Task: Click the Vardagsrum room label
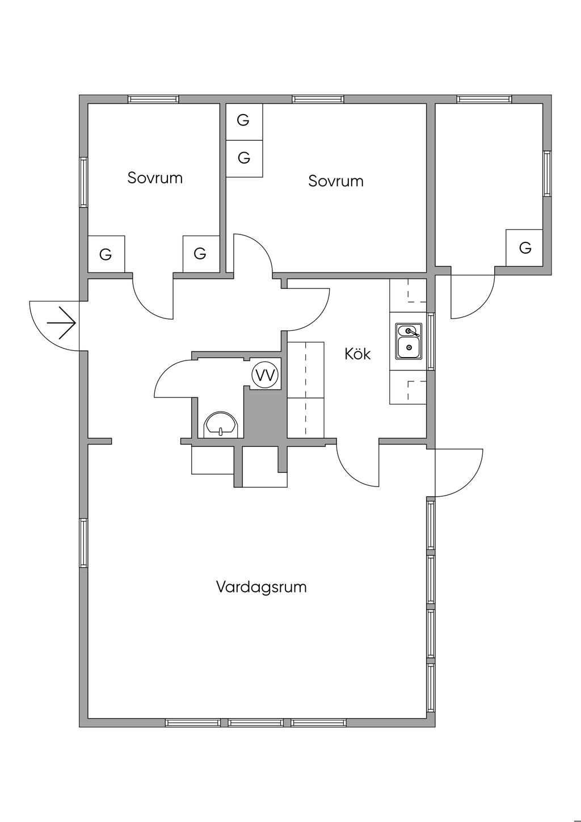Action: point(261,586)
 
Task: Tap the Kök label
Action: point(357,354)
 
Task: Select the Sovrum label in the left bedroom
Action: point(155,178)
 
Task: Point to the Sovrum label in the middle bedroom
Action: point(336,181)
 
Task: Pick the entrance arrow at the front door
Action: point(61,323)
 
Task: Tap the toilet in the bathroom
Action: point(221,425)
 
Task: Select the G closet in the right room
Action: point(525,248)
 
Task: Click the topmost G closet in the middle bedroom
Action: point(243,120)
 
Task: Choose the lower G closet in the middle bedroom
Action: point(244,158)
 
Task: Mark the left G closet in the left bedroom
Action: point(106,254)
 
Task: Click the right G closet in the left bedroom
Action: point(200,254)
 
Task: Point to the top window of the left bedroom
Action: point(153,99)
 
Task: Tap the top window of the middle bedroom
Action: point(318,99)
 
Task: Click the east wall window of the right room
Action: point(547,173)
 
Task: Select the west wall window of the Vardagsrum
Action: point(83,543)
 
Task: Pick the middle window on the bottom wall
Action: point(255,723)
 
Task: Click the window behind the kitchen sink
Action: point(431,341)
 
